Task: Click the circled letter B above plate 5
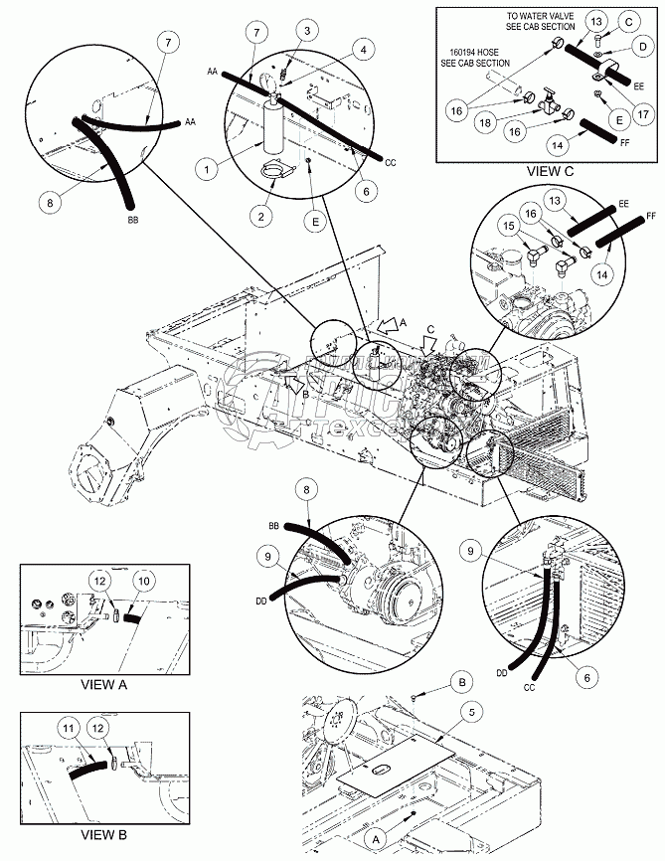point(461,683)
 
